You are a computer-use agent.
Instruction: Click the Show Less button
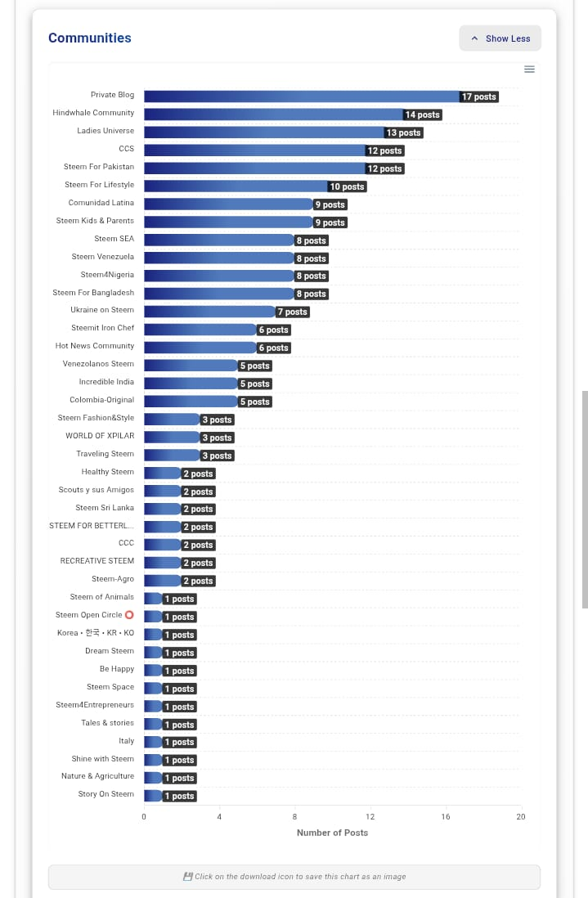pyautogui.click(x=500, y=38)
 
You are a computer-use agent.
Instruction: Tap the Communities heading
pyautogui.click(x=89, y=38)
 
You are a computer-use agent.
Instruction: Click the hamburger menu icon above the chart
pyautogui.click(x=529, y=69)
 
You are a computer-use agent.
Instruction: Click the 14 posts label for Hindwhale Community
pyautogui.click(x=422, y=114)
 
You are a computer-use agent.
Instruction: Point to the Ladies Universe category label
pyautogui.click(x=105, y=131)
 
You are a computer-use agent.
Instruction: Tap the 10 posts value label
pyautogui.click(x=347, y=186)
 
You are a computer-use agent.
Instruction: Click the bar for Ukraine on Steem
pyautogui.click(x=209, y=312)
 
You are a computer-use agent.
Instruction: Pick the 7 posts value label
pyautogui.click(x=292, y=312)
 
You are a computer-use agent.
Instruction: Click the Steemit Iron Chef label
pyautogui.click(x=102, y=328)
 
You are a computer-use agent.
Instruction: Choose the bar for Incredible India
pyautogui.click(x=191, y=383)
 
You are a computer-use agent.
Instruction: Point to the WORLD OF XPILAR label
pyautogui.click(x=100, y=436)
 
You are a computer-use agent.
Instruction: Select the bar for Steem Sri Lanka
pyautogui.click(x=162, y=509)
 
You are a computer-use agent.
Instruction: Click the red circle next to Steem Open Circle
pyautogui.click(x=129, y=615)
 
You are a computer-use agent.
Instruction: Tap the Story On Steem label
pyautogui.click(x=105, y=794)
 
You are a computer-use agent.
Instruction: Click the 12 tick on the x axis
pyautogui.click(x=370, y=816)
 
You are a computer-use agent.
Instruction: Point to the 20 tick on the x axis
pyautogui.click(x=520, y=816)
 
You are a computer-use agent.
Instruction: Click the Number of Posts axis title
pyautogui.click(x=332, y=833)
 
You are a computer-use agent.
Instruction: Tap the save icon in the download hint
pyautogui.click(x=187, y=877)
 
